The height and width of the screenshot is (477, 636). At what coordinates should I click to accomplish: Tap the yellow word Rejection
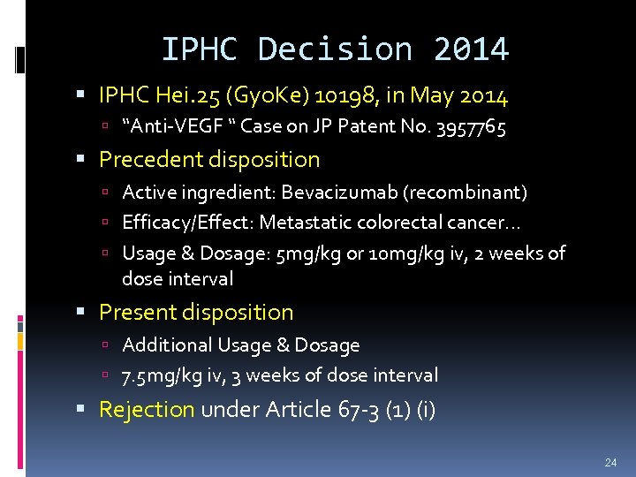click(x=147, y=410)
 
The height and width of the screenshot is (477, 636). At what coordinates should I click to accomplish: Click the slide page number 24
click(x=609, y=461)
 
